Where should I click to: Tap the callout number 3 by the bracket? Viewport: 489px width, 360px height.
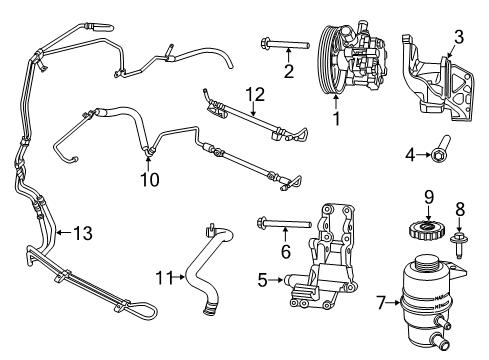pos(458,38)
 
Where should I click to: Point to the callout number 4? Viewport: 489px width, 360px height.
pos(409,155)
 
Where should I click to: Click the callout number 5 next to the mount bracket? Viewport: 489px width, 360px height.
pos(262,281)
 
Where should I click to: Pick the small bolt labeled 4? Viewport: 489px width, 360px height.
pos(439,154)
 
